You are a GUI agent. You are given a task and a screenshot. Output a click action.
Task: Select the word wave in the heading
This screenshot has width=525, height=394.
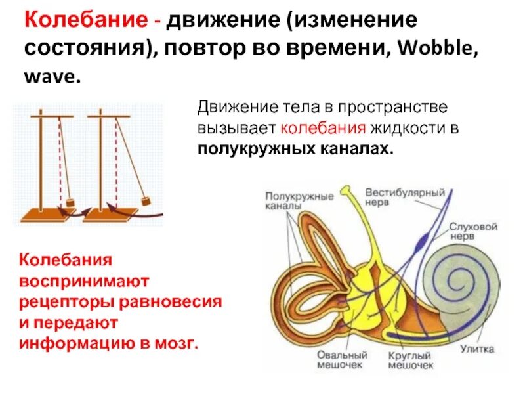tap(54, 77)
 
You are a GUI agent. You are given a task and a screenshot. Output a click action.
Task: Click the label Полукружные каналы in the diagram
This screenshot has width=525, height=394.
tap(289, 201)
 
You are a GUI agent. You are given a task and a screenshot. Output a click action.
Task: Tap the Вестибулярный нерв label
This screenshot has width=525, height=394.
tap(405, 197)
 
